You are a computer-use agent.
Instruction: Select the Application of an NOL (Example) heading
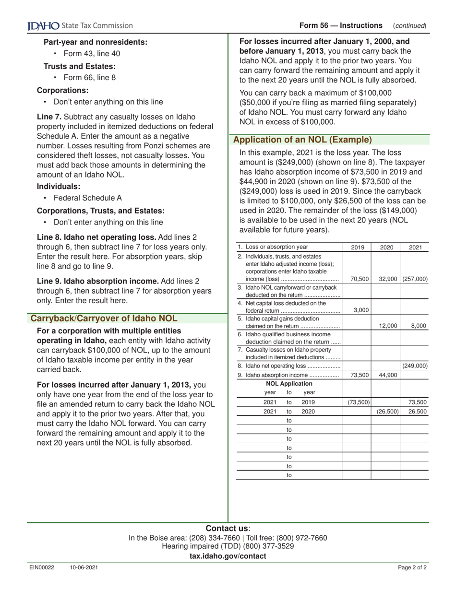[302, 140]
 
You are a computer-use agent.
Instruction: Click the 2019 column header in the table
[357, 248]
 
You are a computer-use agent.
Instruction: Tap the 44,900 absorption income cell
[386, 375]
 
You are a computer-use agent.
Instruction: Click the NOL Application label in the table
[289, 384]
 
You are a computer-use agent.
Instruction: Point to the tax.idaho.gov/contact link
[228, 556]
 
